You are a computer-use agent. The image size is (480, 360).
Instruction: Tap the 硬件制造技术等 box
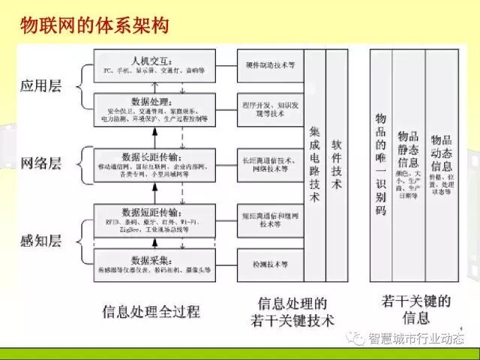tap(270, 66)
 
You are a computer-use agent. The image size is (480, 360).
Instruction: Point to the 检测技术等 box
tap(270, 265)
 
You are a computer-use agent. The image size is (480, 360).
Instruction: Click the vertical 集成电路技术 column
tap(314, 165)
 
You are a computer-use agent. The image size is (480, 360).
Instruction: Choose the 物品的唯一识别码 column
tap(380, 165)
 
